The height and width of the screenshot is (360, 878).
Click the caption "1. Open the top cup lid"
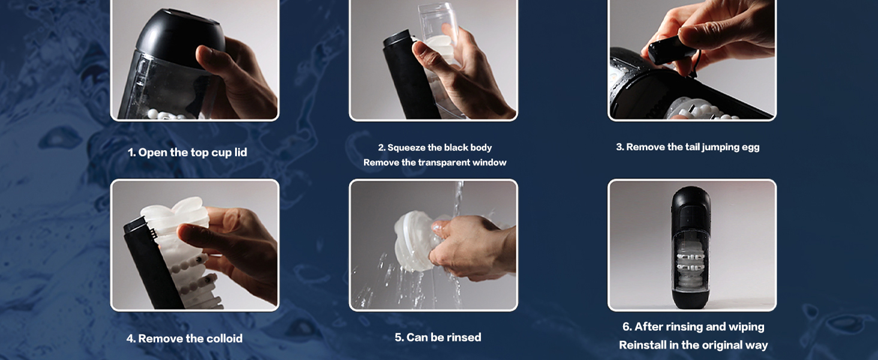click(x=187, y=152)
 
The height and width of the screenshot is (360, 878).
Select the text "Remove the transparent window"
click(x=435, y=163)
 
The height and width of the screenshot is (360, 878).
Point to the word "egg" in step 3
click(x=751, y=148)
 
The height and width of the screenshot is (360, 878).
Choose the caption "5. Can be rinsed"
click(x=438, y=337)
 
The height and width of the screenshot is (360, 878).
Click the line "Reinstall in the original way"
click(x=693, y=345)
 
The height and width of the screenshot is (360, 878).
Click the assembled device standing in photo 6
click(x=691, y=247)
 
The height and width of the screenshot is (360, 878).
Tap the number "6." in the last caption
click(x=627, y=326)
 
